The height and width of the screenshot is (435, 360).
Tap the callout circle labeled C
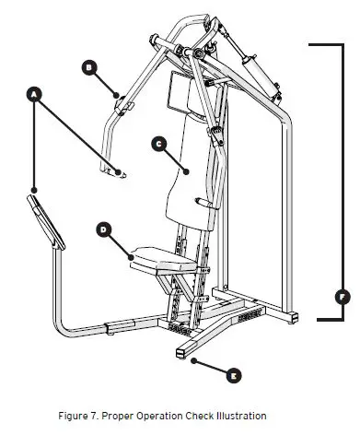[x=158, y=143]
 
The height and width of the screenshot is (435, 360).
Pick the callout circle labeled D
[x=103, y=229]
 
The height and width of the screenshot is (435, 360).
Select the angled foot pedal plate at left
[x=44, y=219]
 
